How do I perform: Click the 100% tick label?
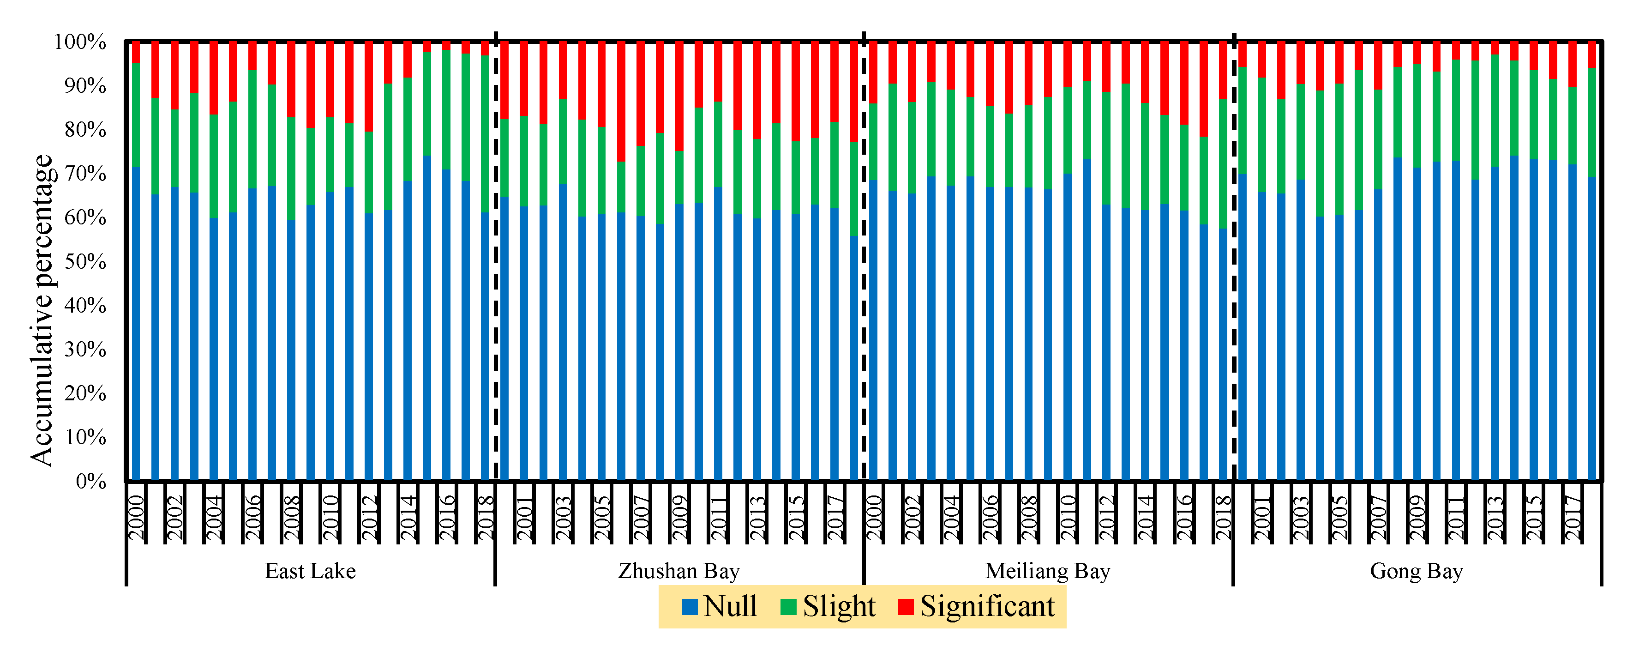[x=79, y=42]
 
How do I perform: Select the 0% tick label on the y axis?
[x=90, y=481]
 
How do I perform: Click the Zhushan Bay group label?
[x=679, y=571]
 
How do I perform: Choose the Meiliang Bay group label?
[x=1047, y=571]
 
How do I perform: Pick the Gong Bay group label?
[x=1417, y=571]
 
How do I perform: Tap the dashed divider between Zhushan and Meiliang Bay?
[x=864, y=254]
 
